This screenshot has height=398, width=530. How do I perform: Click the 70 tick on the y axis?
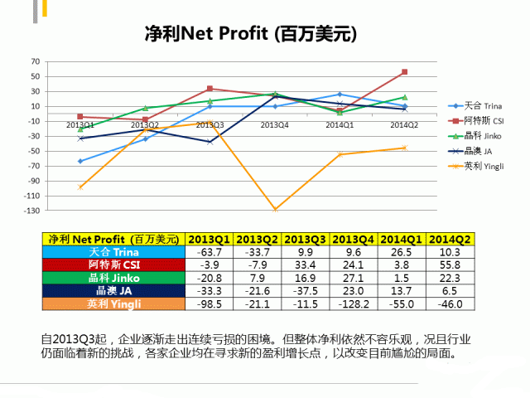coord(35,61)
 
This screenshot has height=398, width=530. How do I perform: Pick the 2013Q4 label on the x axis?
coord(274,125)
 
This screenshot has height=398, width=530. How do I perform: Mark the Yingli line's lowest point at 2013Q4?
coord(274,210)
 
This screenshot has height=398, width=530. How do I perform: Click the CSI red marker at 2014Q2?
coord(404,72)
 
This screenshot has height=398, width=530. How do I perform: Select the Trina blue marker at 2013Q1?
coord(80,161)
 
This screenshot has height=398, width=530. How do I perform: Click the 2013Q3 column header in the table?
coord(306,239)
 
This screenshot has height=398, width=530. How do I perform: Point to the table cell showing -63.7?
coord(210,252)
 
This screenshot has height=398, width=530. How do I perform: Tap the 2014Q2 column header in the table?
coord(450,239)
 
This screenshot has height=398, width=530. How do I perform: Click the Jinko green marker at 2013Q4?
coord(274,94)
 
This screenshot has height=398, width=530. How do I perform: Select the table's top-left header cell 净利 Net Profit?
coord(114,239)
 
